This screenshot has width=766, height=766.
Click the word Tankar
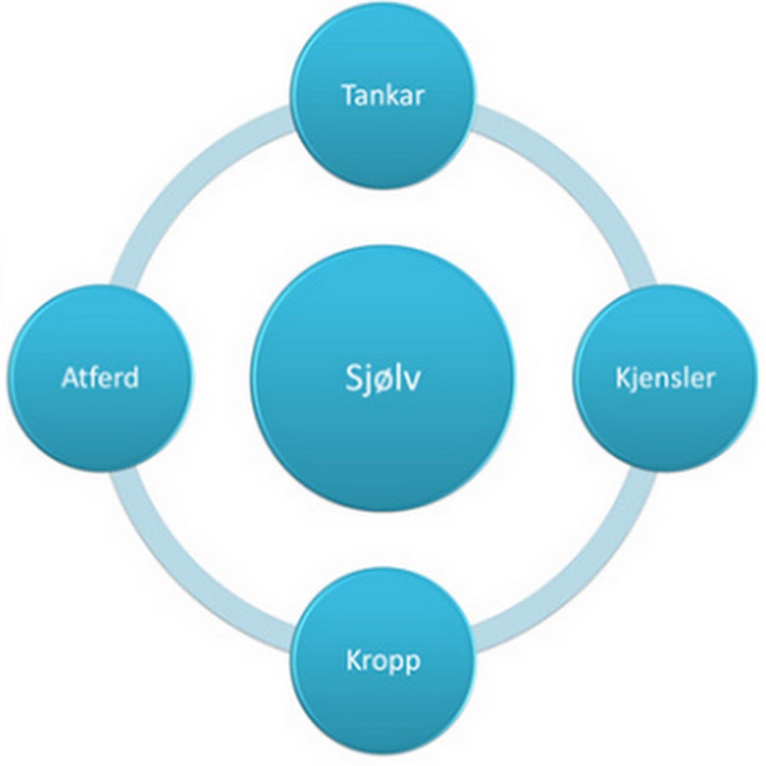(x=382, y=95)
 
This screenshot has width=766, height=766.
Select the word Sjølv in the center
(x=382, y=379)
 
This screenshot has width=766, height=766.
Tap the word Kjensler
(x=665, y=379)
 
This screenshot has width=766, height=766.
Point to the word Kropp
(x=383, y=662)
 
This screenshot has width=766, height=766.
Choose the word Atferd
(x=100, y=378)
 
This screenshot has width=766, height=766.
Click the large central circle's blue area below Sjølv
(x=382, y=454)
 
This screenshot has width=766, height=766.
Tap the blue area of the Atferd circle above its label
(x=100, y=328)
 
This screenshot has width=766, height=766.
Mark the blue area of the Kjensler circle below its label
(x=665, y=430)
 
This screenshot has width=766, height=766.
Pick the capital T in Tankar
(x=350, y=95)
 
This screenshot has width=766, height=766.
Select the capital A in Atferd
(x=71, y=378)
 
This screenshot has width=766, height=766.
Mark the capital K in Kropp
(x=354, y=660)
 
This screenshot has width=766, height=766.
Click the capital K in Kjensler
(x=623, y=378)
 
